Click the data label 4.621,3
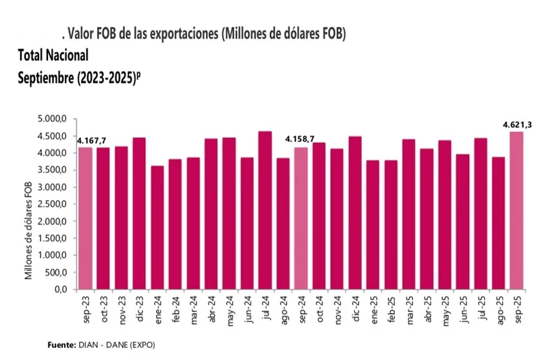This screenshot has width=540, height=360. click(516, 125)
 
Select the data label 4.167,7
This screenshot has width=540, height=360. click(90, 141)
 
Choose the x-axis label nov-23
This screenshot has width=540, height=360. click(121, 308)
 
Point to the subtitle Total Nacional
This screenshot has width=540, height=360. click(53, 54)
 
